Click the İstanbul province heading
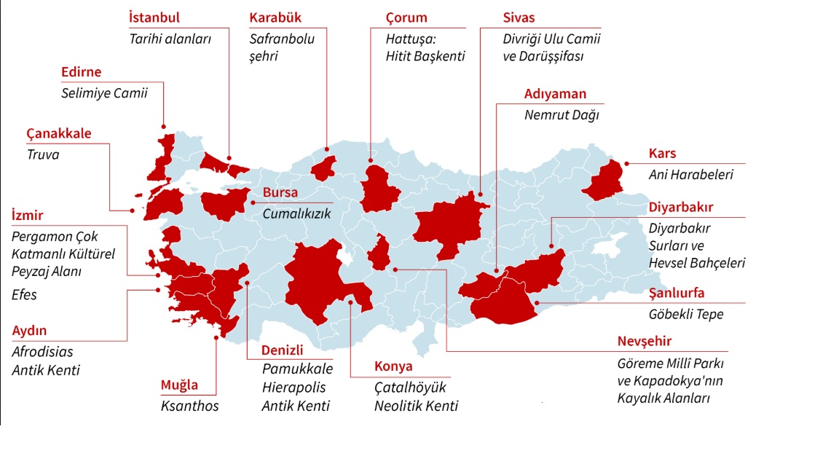click(x=154, y=17)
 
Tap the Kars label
click(x=662, y=154)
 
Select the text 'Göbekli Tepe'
click(x=685, y=315)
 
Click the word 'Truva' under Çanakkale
click(x=43, y=154)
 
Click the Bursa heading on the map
click(x=280, y=193)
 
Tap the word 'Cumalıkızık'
click(x=296, y=213)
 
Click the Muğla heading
click(x=178, y=386)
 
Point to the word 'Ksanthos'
click(x=189, y=406)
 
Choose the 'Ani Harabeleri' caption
click(x=690, y=175)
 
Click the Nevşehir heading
click(x=645, y=342)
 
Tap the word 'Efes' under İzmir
click(x=24, y=295)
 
